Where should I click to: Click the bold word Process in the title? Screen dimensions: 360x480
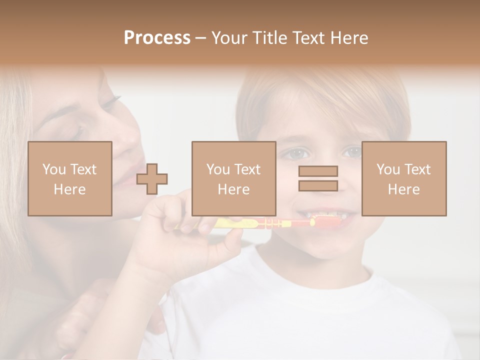coord(157,38)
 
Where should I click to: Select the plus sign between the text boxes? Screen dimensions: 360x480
coord(152,178)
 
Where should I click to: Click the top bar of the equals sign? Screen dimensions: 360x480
coord(318,171)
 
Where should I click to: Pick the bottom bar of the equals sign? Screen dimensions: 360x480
coord(318,185)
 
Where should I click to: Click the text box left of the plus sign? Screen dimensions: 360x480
coord(69,178)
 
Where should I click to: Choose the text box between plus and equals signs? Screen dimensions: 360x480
coord(233,178)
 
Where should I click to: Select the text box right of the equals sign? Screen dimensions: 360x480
coord(403,178)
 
